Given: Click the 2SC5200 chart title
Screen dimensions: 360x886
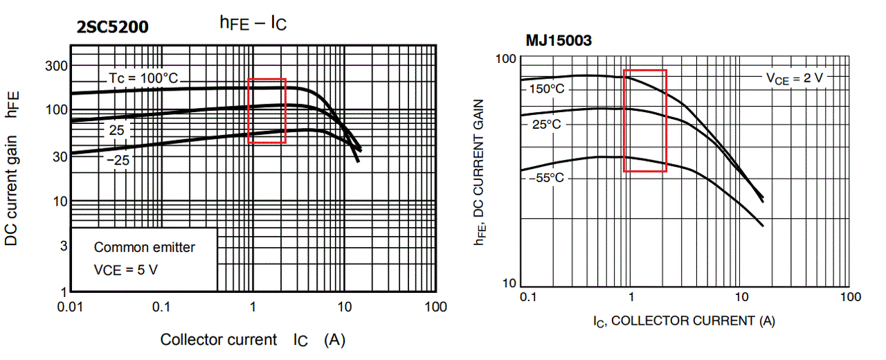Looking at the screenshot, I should pyautogui.click(x=112, y=27).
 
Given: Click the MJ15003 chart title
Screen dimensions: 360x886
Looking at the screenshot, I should pyautogui.click(x=559, y=40).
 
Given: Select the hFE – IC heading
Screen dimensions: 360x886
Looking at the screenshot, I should pyautogui.click(x=253, y=23).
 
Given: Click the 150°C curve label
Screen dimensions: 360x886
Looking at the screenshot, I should pyautogui.click(x=547, y=89).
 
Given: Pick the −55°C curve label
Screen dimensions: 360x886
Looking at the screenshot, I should pyautogui.click(x=546, y=178).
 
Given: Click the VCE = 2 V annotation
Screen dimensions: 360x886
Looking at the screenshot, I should pyautogui.click(x=794, y=78).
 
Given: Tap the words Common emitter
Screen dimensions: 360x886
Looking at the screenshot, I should pyautogui.click(x=144, y=247).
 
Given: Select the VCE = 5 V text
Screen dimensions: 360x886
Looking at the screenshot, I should pyautogui.click(x=125, y=270).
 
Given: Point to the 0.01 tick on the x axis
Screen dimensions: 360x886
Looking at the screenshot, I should pyautogui.click(x=71, y=307).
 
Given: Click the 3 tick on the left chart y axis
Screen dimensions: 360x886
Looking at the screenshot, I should pyautogui.click(x=64, y=246).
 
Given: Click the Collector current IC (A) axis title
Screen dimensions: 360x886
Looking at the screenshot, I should pyautogui.click(x=253, y=340).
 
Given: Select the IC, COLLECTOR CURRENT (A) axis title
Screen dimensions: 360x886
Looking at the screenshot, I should pyautogui.click(x=683, y=321).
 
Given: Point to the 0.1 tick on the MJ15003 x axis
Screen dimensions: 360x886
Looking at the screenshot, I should pyautogui.click(x=528, y=298).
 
